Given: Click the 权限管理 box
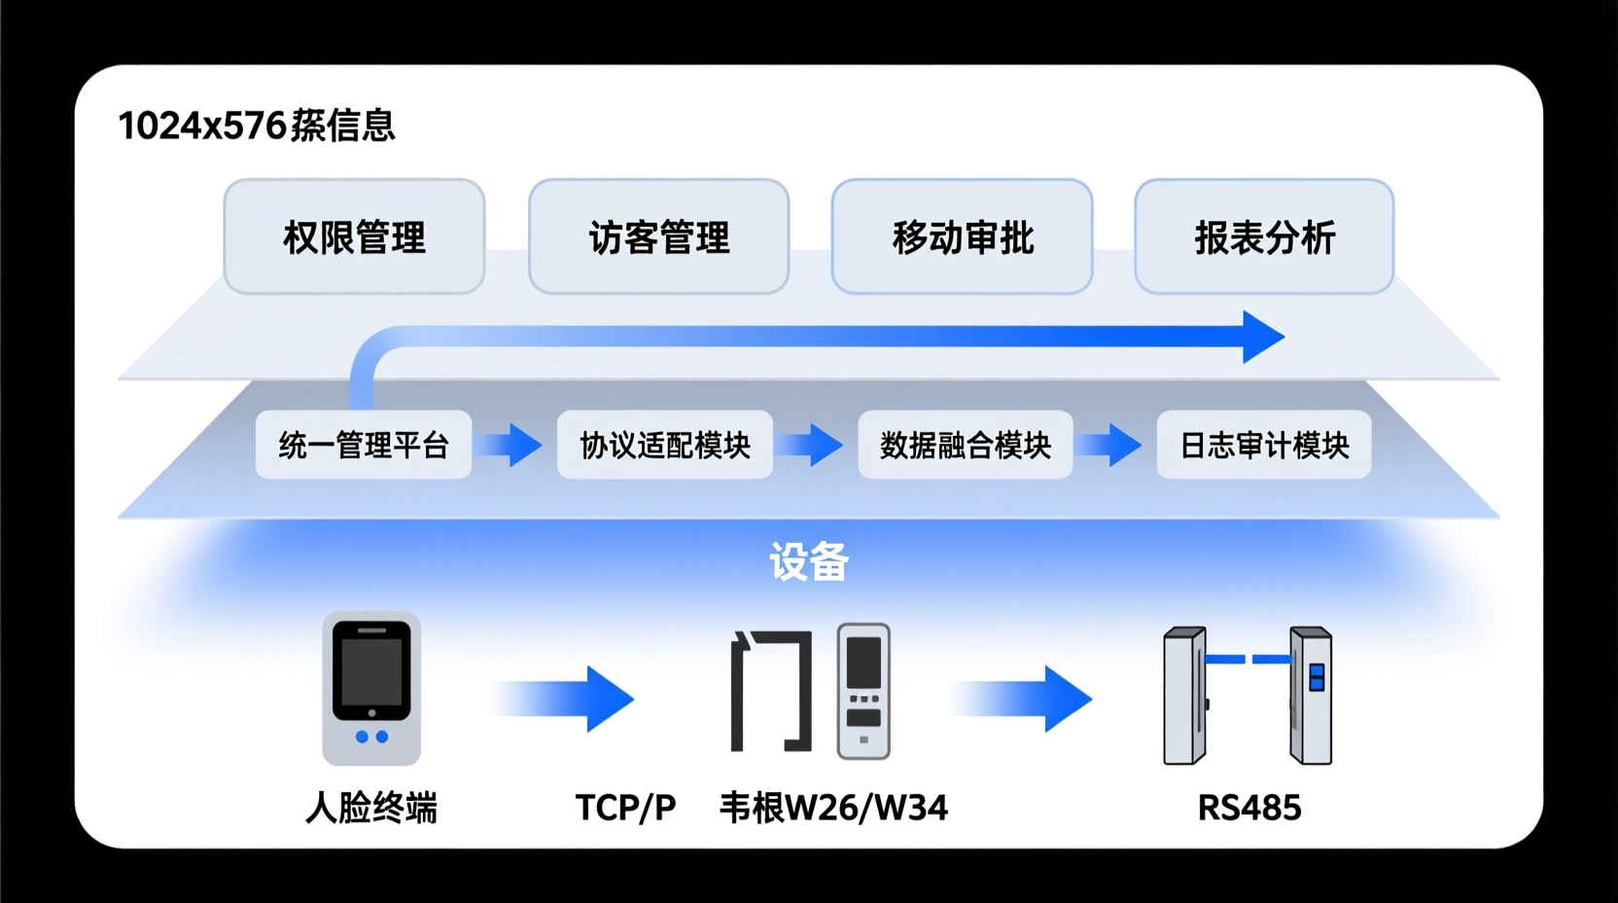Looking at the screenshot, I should point(354,236).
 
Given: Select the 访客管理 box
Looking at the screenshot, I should point(658,236).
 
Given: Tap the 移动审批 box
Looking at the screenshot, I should point(962,236).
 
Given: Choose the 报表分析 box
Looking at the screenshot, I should point(1264,236).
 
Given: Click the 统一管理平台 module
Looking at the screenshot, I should point(363,445).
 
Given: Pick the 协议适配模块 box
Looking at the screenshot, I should point(664,445).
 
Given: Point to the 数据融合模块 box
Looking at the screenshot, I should point(965,445).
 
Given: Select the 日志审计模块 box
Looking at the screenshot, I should point(1263,445).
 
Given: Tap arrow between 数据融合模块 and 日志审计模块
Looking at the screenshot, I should point(1114,445).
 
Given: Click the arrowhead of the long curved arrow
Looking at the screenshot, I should point(1262,338).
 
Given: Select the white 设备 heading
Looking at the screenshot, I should point(809,561).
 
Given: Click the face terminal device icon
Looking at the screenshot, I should point(371,688).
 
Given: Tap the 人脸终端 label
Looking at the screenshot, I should point(371,808).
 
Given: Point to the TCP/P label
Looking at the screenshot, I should point(625,808).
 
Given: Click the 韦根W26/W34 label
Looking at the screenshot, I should point(833,808).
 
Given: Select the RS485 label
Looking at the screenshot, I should point(1249,808).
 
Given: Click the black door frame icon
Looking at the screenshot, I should point(771,691).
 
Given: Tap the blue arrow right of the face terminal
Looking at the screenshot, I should point(574,699).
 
